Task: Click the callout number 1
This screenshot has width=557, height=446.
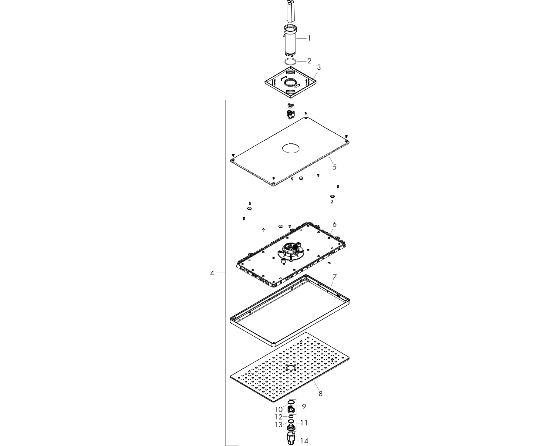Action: pos(309,38)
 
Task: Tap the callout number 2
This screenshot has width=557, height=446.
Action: pos(309,61)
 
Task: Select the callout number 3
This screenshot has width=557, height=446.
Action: pos(319,68)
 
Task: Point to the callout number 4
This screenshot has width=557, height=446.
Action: pos(212,273)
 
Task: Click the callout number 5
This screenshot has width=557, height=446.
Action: pos(334,167)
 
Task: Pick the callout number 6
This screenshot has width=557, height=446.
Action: pos(334,224)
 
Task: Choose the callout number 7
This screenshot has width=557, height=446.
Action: pos(334,277)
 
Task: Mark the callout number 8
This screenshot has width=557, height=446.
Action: pos(320,394)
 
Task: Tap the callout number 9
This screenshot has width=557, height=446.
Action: pos(304,407)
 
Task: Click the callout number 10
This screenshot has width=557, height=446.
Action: pos(279,409)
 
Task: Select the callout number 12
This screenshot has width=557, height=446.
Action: pos(279,417)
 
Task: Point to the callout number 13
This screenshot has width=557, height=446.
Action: pos(279,425)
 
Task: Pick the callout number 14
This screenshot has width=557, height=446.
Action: pos(304,441)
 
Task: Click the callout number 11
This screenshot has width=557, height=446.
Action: pos(304,423)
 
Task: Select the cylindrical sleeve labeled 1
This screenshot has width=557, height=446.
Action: pos(290,40)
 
